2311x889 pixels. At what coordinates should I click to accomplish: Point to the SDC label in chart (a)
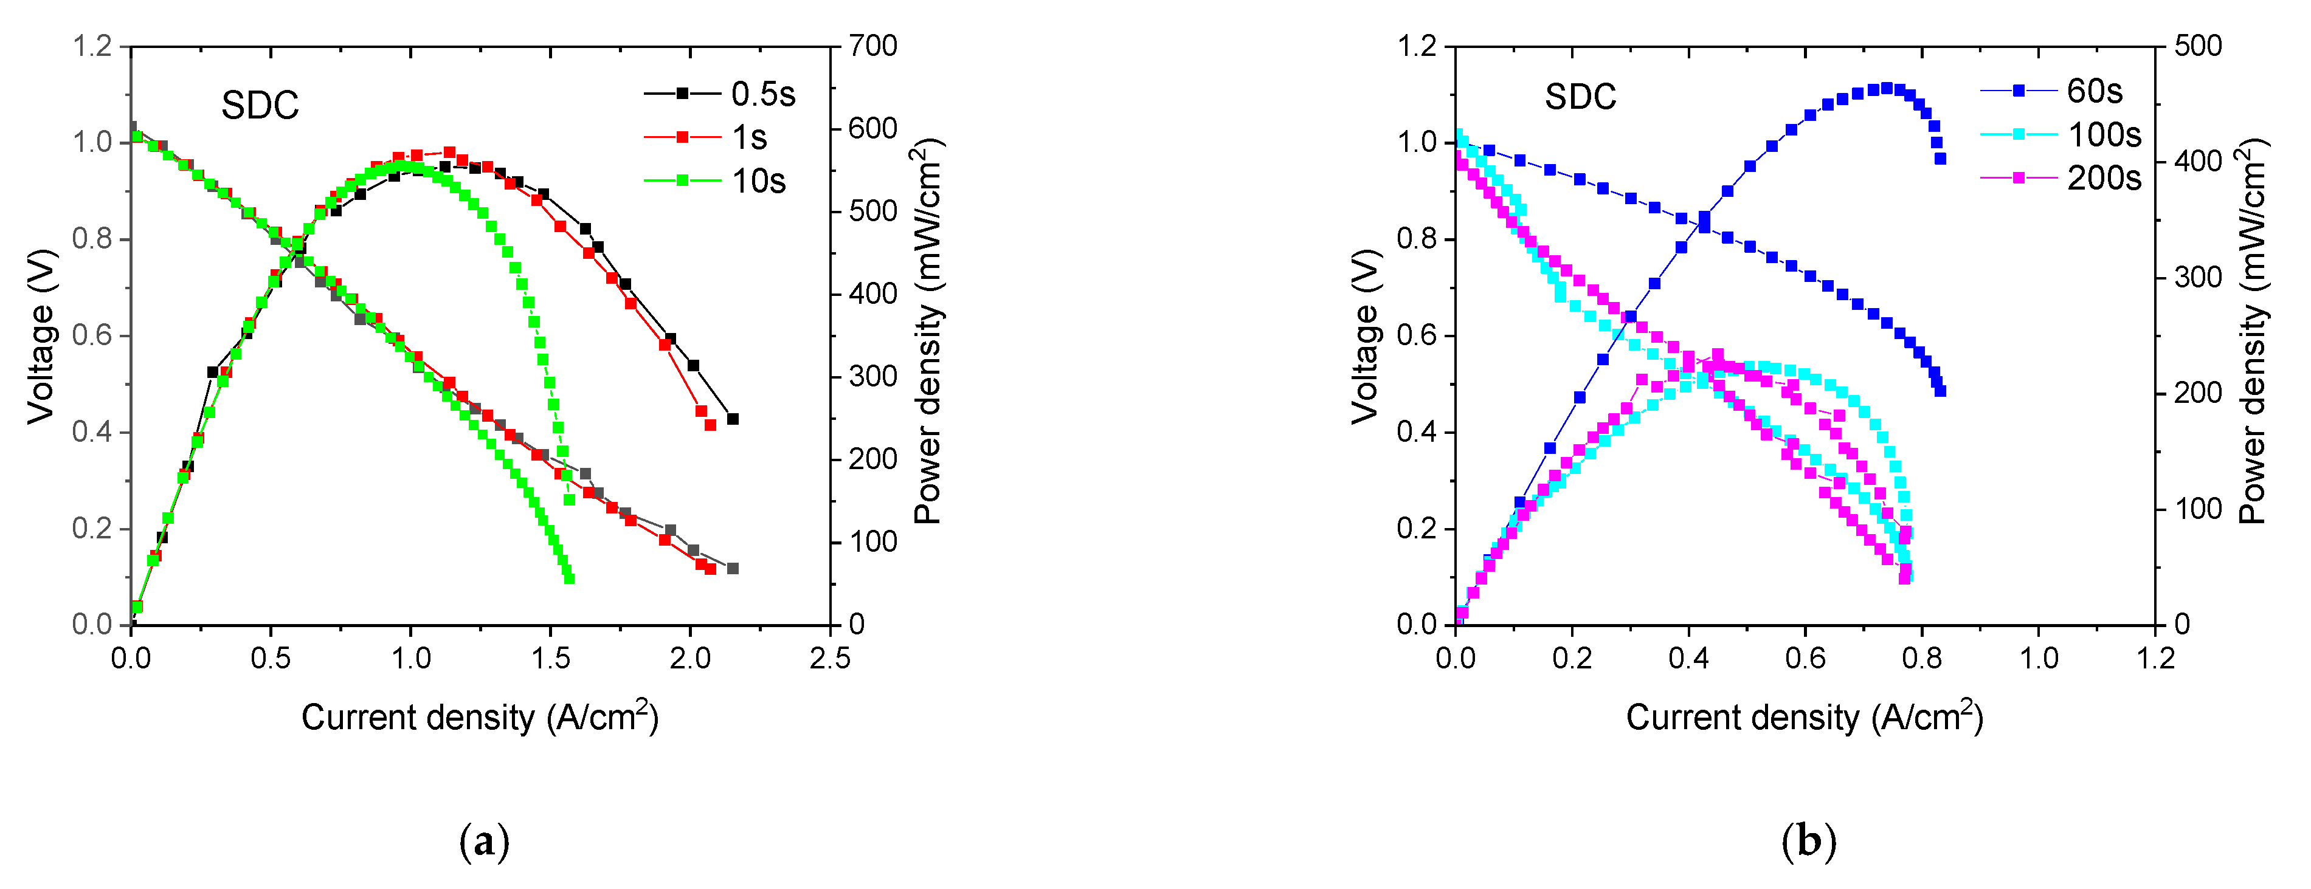(x=260, y=106)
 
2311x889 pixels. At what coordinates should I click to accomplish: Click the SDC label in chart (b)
(x=1580, y=97)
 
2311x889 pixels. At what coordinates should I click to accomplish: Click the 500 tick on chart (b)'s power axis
(x=2198, y=46)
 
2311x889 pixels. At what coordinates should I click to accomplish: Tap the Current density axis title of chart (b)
(x=1804, y=718)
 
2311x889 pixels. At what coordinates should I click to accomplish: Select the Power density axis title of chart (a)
(x=928, y=332)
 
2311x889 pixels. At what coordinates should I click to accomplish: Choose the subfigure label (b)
(x=1809, y=842)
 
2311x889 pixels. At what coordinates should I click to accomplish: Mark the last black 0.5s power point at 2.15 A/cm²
(x=733, y=419)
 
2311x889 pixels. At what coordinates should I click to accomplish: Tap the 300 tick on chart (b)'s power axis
(x=2198, y=277)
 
